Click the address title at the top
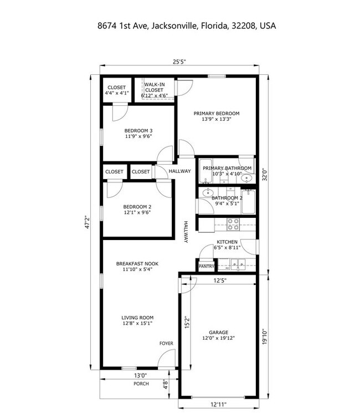click(187, 26)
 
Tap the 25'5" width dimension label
click(179, 62)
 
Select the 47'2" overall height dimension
click(88, 222)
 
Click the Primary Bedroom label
click(217, 116)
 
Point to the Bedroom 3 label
click(138, 133)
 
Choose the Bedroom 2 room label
click(137, 210)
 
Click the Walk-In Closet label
click(155, 90)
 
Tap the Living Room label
click(137, 320)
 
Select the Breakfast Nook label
click(137, 266)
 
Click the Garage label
click(218, 335)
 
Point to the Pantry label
click(207, 266)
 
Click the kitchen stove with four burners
click(233, 224)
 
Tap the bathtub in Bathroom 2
click(248, 202)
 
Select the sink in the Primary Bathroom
click(246, 179)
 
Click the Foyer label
click(166, 344)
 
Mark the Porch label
click(141, 384)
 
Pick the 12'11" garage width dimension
click(218, 404)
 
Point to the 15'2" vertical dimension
click(187, 323)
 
